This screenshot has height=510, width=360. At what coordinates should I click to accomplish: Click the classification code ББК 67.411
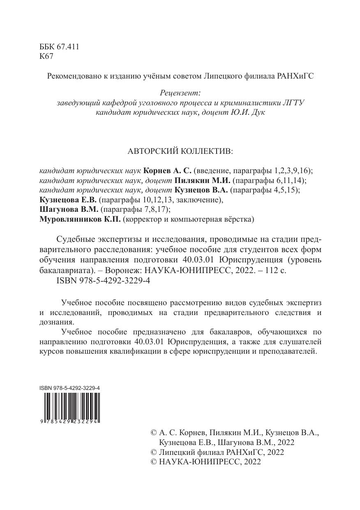click(x=59, y=47)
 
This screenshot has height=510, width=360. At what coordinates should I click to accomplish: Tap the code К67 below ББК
click(x=46, y=57)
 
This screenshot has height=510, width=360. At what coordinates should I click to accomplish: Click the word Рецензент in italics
click(x=180, y=94)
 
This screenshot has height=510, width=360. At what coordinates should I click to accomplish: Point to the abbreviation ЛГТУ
click(x=293, y=103)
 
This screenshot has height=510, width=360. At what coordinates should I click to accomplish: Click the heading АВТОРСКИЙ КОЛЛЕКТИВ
click(x=180, y=151)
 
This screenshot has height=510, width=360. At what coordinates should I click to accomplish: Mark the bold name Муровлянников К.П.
click(x=80, y=220)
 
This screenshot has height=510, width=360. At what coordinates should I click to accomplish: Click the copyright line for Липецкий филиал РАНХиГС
click(x=217, y=452)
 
